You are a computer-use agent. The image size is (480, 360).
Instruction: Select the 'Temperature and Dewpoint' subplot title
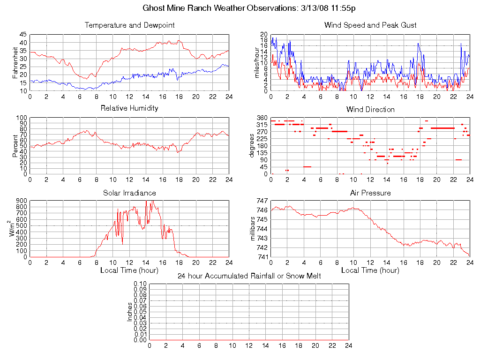(x=129, y=25)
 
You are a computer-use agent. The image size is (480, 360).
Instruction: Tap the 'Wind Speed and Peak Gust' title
(x=370, y=25)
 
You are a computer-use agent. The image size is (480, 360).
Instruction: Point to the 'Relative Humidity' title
(x=129, y=108)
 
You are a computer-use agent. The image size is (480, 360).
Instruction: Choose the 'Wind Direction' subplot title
(x=370, y=110)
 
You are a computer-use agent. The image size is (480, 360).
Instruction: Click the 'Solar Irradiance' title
(x=129, y=193)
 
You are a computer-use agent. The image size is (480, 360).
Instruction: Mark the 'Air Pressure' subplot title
(x=370, y=193)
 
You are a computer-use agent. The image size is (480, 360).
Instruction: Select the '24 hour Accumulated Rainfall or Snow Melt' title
(x=249, y=276)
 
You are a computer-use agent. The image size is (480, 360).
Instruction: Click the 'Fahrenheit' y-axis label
(x=15, y=62)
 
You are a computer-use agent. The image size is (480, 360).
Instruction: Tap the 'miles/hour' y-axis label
(x=256, y=62)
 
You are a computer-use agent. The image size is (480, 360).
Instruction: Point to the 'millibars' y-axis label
(x=254, y=229)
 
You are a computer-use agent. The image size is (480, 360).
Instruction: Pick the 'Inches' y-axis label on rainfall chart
(x=130, y=312)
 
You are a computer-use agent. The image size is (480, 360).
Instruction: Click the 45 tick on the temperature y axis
(x=23, y=35)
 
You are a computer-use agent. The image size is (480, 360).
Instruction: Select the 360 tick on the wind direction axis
(x=262, y=118)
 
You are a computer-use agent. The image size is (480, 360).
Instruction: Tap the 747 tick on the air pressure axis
(x=262, y=201)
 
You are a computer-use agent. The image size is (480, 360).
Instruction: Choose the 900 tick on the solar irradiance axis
(x=22, y=201)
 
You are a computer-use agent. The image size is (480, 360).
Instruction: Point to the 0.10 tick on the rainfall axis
(x=140, y=284)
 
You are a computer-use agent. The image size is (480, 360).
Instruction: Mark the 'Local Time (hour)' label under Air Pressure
(x=370, y=270)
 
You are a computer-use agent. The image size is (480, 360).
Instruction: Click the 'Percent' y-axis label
(x=15, y=146)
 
